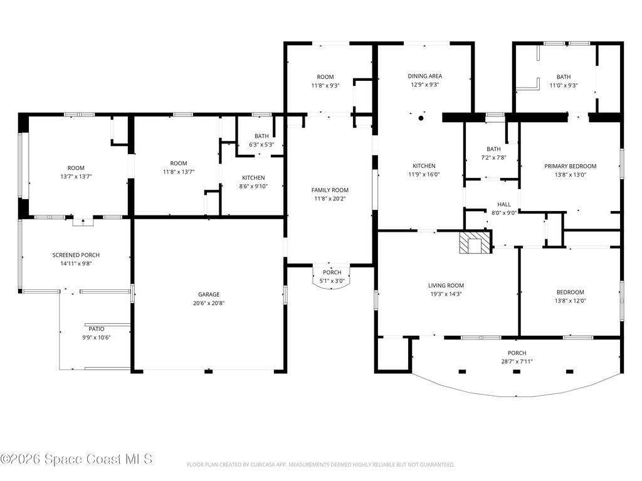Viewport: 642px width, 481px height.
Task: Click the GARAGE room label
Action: [x=209, y=294]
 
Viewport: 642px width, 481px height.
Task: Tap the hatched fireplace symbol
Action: [x=475, y=243]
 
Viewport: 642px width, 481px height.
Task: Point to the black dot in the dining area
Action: [x=421, y=118]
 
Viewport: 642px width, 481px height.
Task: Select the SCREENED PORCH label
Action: [x=76, y=256]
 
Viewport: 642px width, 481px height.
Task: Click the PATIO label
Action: [x=97, y=329]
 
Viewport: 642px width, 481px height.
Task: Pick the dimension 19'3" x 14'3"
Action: [x=446, y=294]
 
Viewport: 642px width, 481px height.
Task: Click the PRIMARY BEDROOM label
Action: [x=571, y=166]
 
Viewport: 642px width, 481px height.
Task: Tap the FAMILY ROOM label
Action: [x=330, y=190]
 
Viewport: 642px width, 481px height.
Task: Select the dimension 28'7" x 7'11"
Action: [x=517, y=361]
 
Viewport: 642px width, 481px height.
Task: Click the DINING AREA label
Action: [x=425, y=76]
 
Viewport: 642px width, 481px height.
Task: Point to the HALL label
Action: [x=504, y=204]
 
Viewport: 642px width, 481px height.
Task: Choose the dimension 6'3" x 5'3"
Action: [x=261, y=145]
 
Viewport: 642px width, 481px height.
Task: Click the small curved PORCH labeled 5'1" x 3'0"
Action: [x=332, y=277]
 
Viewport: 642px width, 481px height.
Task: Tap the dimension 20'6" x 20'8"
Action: [x=209, y=303]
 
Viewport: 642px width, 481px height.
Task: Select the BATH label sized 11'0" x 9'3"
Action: [x=564, y=77]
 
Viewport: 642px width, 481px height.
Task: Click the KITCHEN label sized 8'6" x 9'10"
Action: [x=253, y=177]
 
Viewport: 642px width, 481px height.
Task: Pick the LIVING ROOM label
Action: [x=446, y=286]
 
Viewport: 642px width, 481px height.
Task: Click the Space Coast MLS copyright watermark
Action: [x=76, y=459]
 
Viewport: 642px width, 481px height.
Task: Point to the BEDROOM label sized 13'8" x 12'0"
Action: [x=571, y=292]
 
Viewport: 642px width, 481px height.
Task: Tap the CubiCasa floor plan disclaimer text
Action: [x=320, y=465]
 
